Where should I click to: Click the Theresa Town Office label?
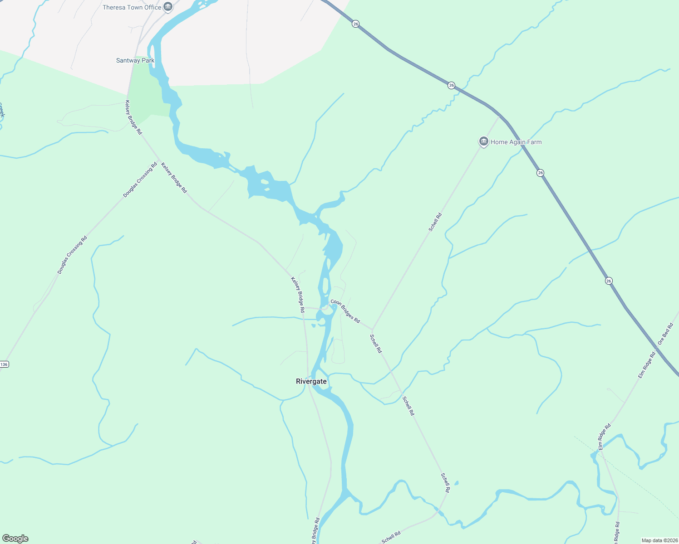point(132,7)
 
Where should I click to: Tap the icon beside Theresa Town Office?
point(168,7)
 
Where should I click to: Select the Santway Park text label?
point(135,60)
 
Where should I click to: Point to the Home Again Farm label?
point(516,142)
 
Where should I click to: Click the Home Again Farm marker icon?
point(483,142)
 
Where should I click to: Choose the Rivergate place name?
point(311,381)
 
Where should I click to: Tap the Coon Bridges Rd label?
point(345,311)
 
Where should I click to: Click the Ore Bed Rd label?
point(665,334)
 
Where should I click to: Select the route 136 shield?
point(4,364)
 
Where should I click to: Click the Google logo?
point(15,539)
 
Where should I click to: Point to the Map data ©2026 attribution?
point(659,540)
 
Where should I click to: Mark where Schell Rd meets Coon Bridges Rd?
point(372,330)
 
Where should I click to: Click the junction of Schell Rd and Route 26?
point(499,116)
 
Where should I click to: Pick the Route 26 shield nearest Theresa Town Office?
point(355,24)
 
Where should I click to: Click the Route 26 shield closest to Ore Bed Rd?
point(609,281)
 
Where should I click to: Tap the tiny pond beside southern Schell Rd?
point(456,483)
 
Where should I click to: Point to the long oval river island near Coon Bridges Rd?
point(325,286)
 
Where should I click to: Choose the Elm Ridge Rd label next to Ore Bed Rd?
point(647,365)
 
